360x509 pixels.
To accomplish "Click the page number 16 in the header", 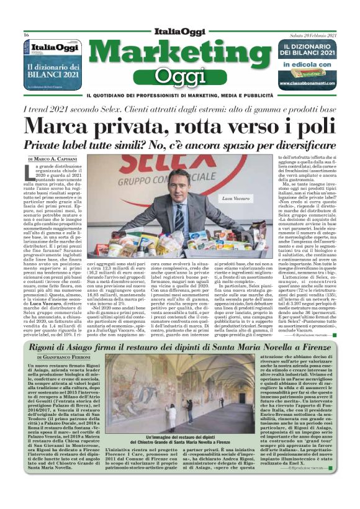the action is [x=27, y=35].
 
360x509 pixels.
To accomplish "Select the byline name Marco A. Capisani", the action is [x=65, y=160].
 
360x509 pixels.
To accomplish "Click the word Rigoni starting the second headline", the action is [x=54, y=346].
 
